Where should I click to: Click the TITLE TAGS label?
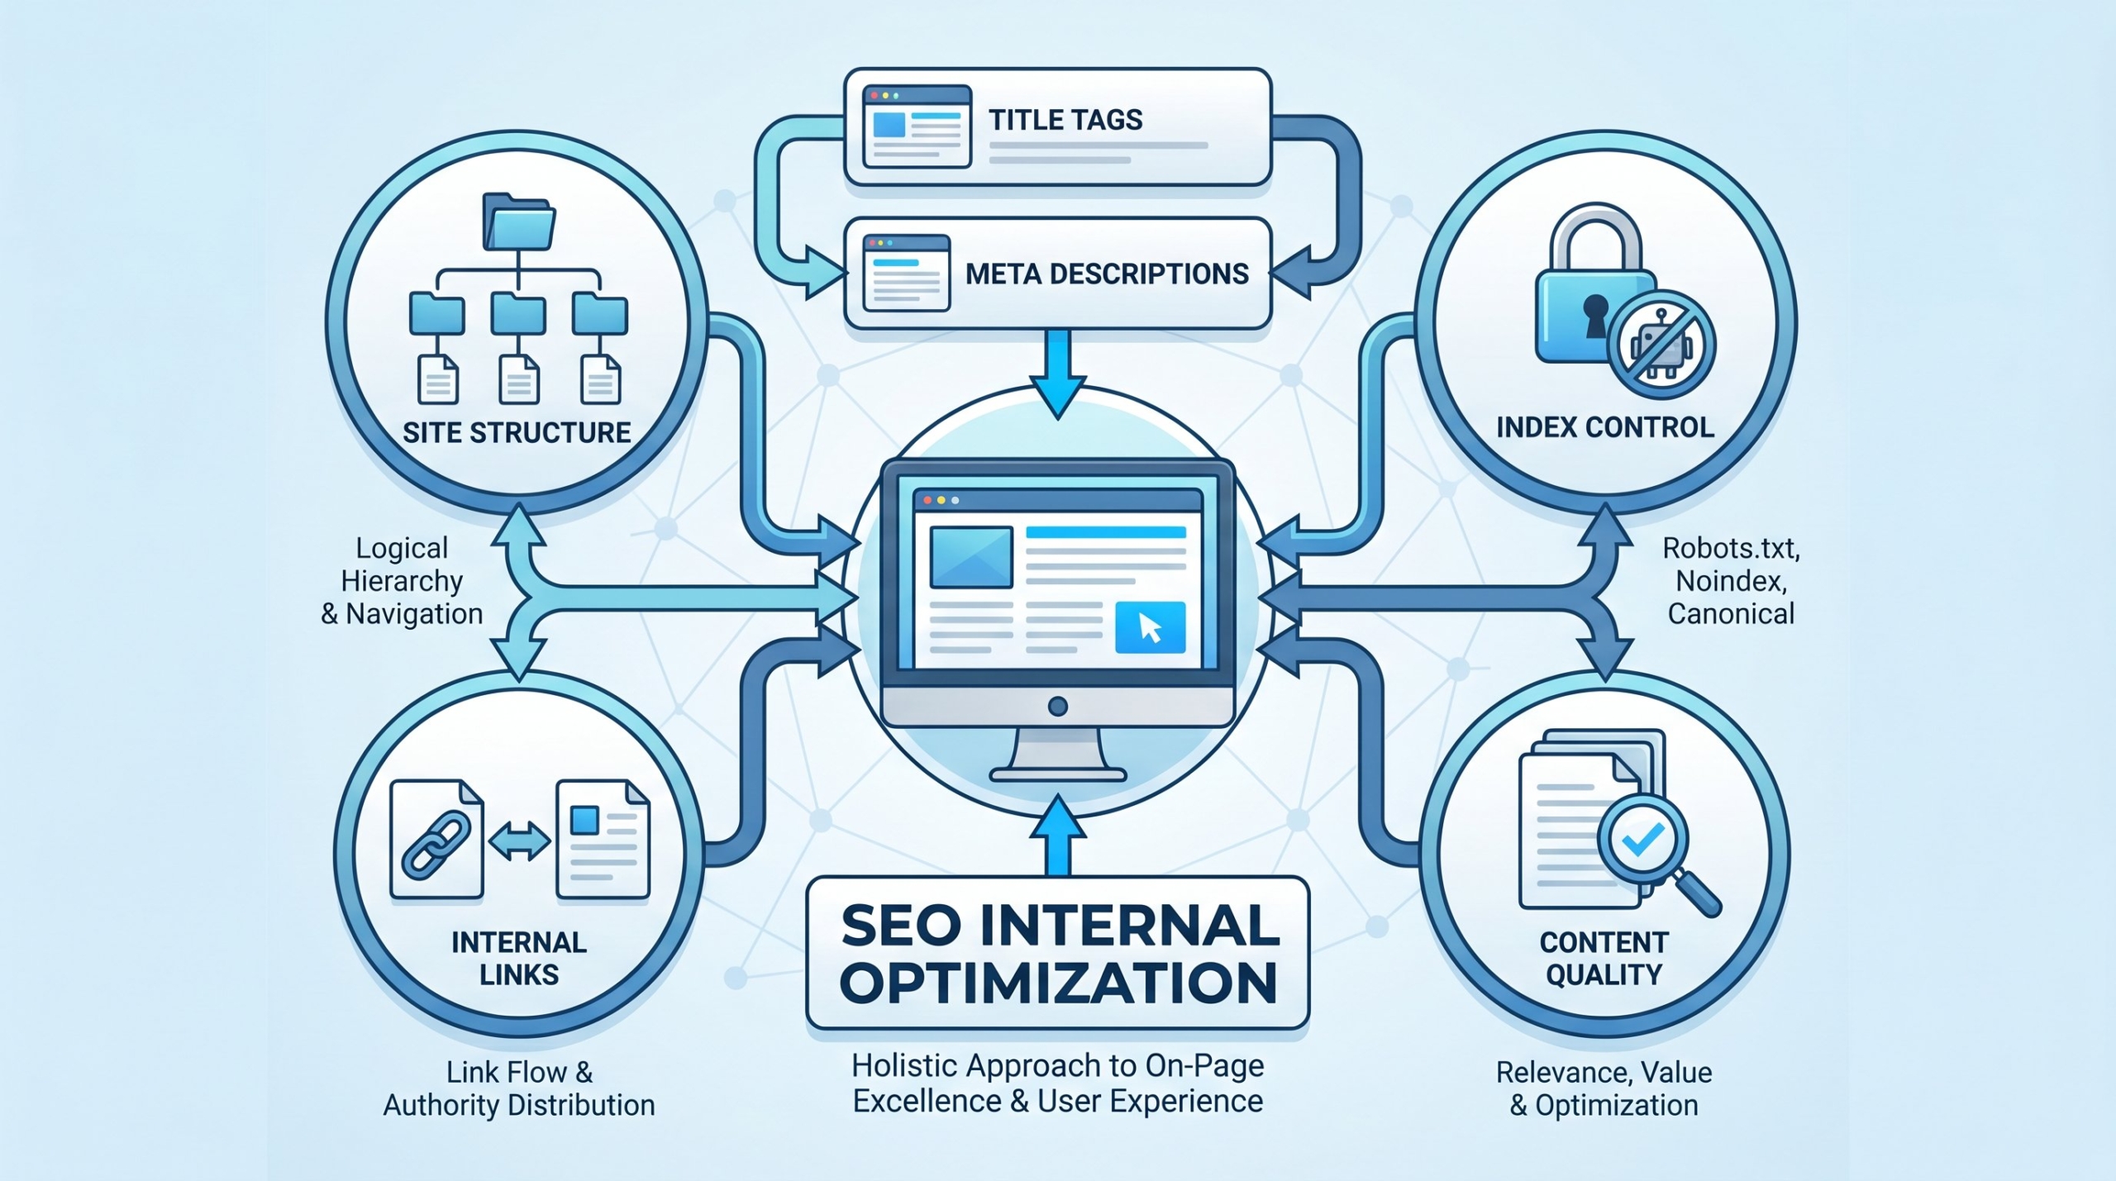coord(1065,121)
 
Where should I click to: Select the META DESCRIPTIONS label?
coord(1107,274)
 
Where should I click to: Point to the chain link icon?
coord(436,843)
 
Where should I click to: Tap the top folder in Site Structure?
coord(518,221)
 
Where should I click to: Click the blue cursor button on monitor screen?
coord(1150,628)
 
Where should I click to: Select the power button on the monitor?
coord(1057,707)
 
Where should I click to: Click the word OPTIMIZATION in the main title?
coord(1059,983)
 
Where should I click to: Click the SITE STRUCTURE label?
coord(517,433)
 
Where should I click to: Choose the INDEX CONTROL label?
coord(1605,427)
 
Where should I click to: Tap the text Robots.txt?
coord(1731,548)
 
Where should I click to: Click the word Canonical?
coord(1731,614)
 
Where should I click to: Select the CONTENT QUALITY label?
coord(1604,959)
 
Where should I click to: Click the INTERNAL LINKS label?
coord(519,959)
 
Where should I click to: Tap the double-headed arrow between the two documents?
coord(519,843)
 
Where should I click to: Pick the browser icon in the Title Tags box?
coord(916,126)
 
